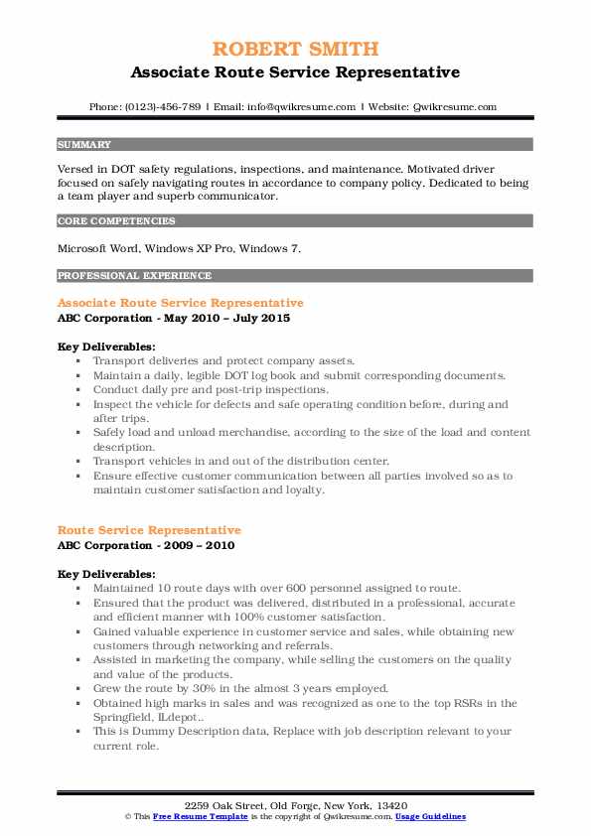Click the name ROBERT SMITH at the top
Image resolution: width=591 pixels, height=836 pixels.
(x=295, y=49)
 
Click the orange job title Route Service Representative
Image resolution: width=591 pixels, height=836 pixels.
(x=149, y=530)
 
